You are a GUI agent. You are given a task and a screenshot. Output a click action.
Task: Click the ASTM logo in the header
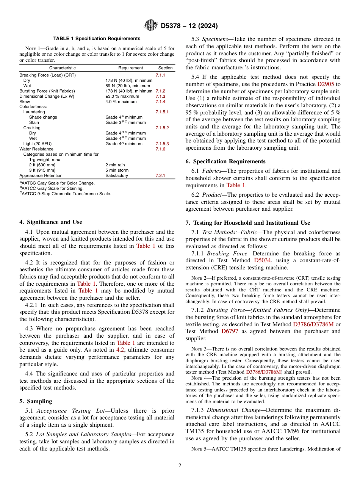click(x=151, y=26)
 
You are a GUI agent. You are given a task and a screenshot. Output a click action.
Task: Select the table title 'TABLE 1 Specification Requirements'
click(x=97, y=39)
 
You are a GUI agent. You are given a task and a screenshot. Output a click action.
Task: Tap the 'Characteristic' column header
click(x=62, y=68)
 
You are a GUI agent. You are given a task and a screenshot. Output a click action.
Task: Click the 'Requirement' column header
click(x=130, y=68)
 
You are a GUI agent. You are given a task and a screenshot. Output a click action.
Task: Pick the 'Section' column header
click(x=165, y=68)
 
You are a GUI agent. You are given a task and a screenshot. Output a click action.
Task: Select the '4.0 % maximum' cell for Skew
click(x=121, y=102)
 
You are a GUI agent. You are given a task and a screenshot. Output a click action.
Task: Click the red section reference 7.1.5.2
click(x=162, y=128)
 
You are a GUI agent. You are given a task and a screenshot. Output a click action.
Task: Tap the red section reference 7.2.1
click(x=160, y=176)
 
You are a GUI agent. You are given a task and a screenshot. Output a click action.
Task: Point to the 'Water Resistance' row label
click(x=36, y=149)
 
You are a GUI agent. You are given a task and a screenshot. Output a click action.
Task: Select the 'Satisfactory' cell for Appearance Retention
click(x=117, y=176)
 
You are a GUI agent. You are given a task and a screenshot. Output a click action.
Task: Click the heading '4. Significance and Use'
click(x=51, y=222)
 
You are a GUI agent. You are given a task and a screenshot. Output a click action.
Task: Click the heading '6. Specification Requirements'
click(x=225, y=161)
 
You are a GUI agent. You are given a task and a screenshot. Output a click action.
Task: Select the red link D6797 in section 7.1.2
click(x=230, y=331)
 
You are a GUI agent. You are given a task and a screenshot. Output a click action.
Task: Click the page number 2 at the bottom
click(x=180, y=466)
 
